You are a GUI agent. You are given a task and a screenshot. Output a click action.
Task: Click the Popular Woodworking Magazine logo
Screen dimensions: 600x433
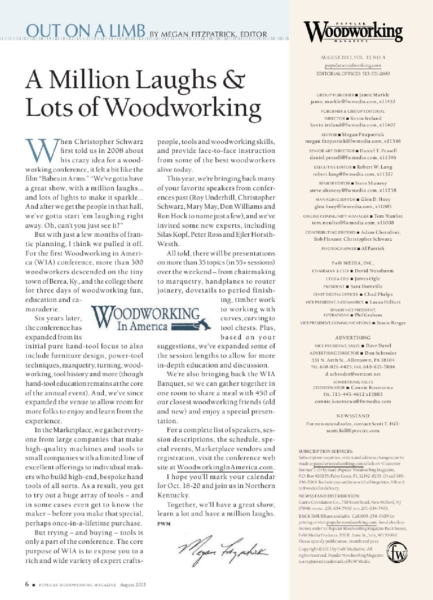pyautogui.click(x=353, y=32)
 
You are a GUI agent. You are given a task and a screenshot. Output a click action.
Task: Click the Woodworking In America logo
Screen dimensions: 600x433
pyautogui.click(x=146, y=319)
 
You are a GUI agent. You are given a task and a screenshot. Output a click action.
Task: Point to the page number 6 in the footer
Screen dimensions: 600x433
pyautogui.click(x=27, y=584)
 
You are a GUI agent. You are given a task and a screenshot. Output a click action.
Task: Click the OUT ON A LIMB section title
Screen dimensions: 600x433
pyautogui.click(x=85, y=31)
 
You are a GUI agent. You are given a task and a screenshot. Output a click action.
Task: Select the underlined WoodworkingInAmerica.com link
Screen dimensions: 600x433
pyautogui.click(x=225, y=467)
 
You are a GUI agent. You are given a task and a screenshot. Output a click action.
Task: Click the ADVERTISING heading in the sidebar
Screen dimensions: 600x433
pyautogui.click(x=353, y=337)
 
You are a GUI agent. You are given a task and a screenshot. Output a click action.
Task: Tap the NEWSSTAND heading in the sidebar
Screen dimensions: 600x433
pyautogui.click(x=353, y=416)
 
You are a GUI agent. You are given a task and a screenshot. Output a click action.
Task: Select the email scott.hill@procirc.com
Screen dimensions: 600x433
pyautogui.click(x=353, y=431)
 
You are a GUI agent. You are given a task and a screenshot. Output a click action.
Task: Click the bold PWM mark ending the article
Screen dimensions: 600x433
pyautogui.click(x=164, y=524)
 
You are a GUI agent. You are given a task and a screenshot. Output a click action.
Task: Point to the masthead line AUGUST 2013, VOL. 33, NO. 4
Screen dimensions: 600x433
pyautogui.click(x=353, y=57)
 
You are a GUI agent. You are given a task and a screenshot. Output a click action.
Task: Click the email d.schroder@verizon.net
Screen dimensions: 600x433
pyautogui.click(x=353, y=374)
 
